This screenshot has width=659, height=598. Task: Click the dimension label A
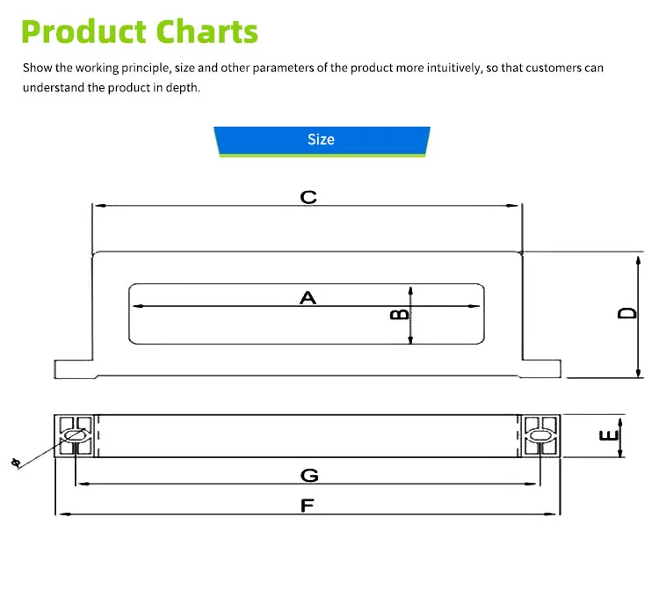pos(308,298)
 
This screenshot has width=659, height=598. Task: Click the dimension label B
pos(398,314)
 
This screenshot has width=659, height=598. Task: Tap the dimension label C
pos(308,197)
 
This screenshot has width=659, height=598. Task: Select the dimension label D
pos(626,314)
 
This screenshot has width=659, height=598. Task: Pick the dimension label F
pos(308,506)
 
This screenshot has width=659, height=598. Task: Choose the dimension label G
pos(308,476)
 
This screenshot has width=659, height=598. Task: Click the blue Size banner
pos(322,140)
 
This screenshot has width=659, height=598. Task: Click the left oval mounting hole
pos(75,435)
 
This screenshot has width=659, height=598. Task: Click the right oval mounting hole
pos(540,435)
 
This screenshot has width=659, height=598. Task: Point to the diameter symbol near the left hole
pos(15,463)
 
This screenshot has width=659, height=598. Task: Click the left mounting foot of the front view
pos(73,368)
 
